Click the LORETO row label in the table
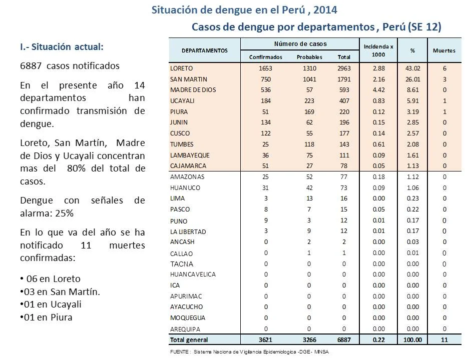click(181, 68)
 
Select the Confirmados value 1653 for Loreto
click(266, 68)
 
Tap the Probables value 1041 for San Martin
click(309, 79)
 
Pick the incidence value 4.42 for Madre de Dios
click(378, 90)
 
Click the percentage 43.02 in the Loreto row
click(413, 68)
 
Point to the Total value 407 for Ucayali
click(344, 101)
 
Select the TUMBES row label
click(182, 144)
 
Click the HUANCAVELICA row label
click(193, 274)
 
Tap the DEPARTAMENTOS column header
click(204, 50)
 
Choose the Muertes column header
click(444, 50)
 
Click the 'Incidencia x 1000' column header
click(378, 50)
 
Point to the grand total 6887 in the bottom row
click(344, 340)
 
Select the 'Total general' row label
click(189, 340)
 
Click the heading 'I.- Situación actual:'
click(62, 46)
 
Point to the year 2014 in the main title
click(325, 10)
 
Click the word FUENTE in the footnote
click(179, 352)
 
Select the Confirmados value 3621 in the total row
click(265, 340)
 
